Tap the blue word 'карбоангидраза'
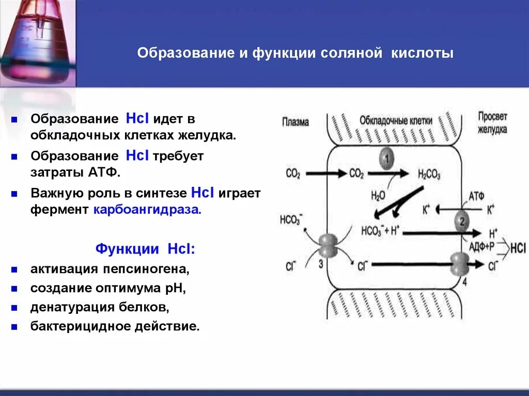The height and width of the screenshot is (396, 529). (x=146, y=210)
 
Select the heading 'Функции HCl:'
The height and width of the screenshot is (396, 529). (x=145, y=248)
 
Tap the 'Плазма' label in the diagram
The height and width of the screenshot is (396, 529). (x=295, y=122)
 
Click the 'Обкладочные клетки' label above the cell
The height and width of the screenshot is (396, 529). (x=396, y=120)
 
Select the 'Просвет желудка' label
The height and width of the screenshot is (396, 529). (x=492, y=123)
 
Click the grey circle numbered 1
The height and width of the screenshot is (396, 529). (x=386, y=159)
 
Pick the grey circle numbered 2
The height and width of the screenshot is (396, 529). (x=462, y=223)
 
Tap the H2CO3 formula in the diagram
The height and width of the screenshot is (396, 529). (x=429, y=175)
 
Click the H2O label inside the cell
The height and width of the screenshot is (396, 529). (x=378, y=195)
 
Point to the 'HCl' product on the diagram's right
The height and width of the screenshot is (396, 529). (x=518, y=247)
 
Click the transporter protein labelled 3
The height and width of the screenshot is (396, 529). (x=326, y=246)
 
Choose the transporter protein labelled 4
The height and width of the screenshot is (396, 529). (x=458, y=264)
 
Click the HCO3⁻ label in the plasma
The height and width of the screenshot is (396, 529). (x=290, y=219)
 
